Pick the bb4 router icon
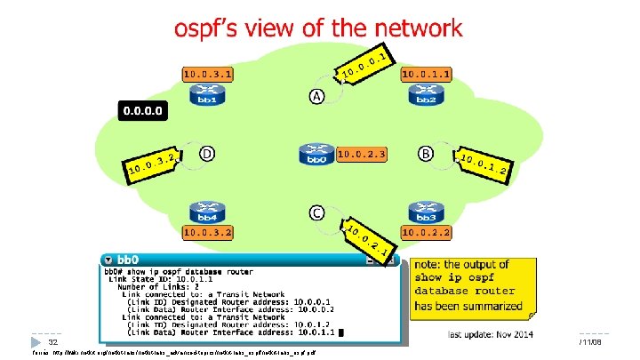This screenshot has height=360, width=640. click(207, 213)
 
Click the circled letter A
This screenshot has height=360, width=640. click(316, 95)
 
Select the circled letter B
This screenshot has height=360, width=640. click(428, 155)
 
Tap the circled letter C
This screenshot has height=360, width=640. click(316, 212)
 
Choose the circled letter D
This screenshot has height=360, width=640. click(207, 153)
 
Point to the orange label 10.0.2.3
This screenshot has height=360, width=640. click(362, 155)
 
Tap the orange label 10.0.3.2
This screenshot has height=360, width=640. click(207, 233)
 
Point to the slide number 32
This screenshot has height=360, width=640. click(52, 341)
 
